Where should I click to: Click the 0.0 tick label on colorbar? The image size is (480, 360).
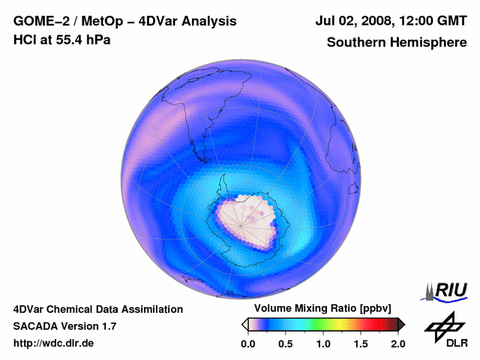tap(247, 343)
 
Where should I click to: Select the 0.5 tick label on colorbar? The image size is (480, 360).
tap(285, 343)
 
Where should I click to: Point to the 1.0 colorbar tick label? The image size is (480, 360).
tap(323, 343)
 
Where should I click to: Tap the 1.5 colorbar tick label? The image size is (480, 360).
tap(361, 343)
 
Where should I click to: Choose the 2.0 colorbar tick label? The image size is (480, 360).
tap(397, 343)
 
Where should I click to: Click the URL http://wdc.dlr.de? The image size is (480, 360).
tap(54, 343)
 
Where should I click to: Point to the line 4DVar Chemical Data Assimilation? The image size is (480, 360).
tap(98, 309)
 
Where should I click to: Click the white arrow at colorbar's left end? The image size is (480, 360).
tap(245, 324)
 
